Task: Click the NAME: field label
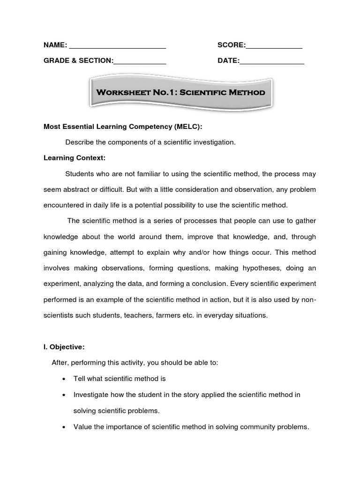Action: pyautogui.click(x=55, y=45)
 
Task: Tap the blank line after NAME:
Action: pyautogui.click(x=117, y=47)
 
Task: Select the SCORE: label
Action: pyautogui.click(x=231, y=45)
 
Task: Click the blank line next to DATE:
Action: pyautogui.click(x=272, y=63)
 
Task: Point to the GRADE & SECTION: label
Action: pyautogui.click(x=78, y=61)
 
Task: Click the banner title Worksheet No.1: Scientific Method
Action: pyautogui.click(x=180, y=92)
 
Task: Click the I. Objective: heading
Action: pyautogui.click(x=64, y=347)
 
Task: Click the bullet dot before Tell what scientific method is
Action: pyautogui.click(x=63, y=379)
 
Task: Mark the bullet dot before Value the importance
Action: pyautogui.click(x=63, y=427)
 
